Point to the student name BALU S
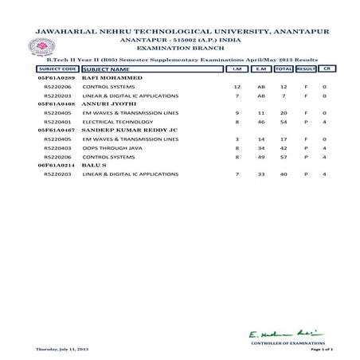(95, 186)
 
